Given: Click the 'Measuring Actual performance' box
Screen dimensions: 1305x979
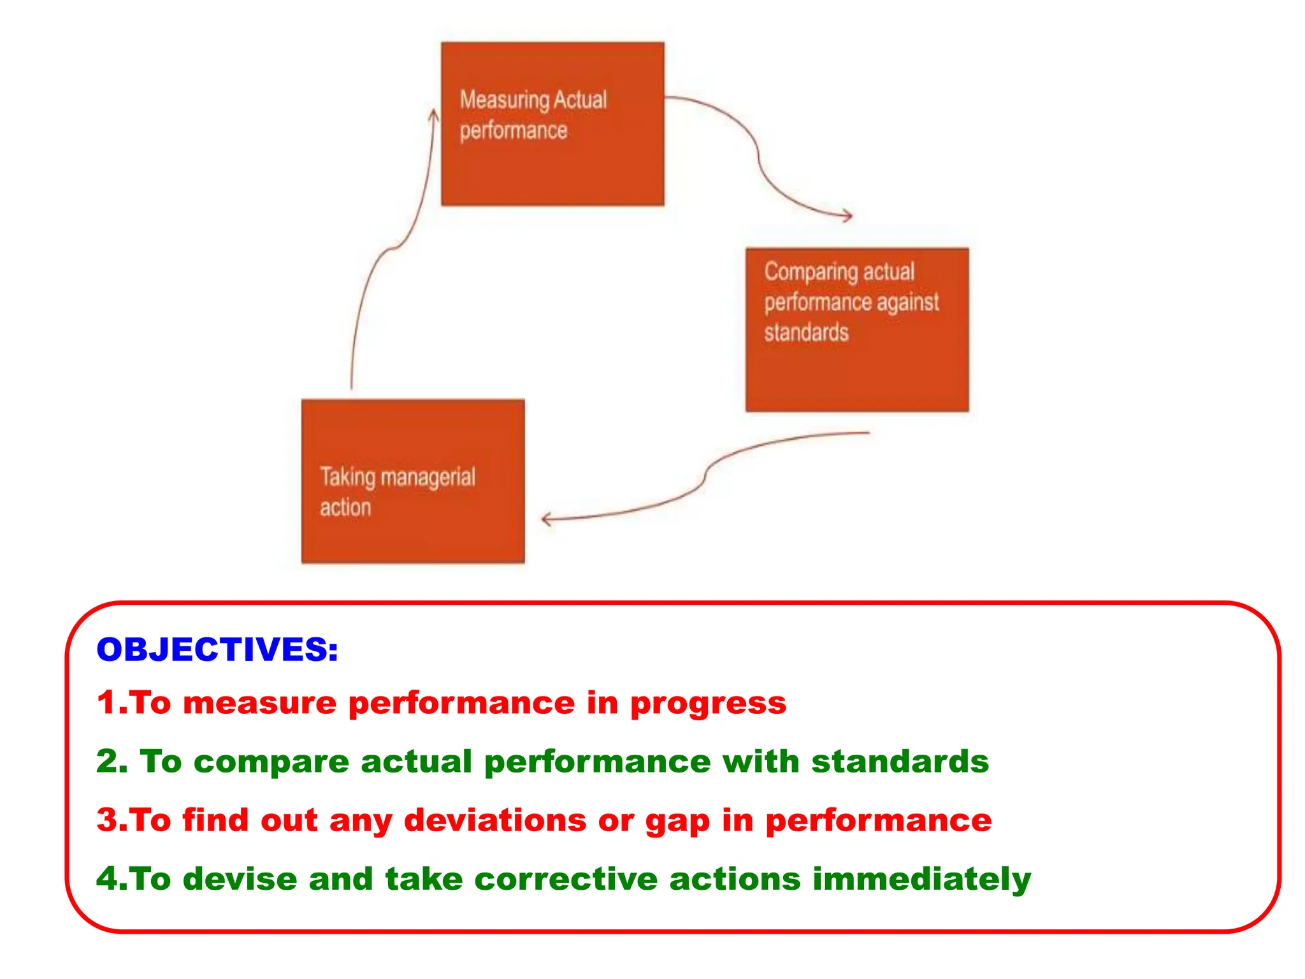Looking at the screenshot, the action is point(552,124).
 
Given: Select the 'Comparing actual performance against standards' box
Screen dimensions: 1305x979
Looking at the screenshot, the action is point(857,330).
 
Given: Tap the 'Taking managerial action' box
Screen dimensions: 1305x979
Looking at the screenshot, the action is point(413,481).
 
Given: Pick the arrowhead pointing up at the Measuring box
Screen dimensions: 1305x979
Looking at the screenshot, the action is point(434,116).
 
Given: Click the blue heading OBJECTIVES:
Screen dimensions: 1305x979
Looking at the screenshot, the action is point(217,649).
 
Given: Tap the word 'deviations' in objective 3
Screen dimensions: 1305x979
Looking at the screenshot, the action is point(495,820).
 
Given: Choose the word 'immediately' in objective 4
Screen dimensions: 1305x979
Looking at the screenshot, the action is point(921,880).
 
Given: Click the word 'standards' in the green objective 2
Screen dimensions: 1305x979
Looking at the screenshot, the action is point(900,762).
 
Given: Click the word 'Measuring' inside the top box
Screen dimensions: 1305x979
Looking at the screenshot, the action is point(504,101).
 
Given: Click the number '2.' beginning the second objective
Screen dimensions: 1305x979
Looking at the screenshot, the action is point(112,762).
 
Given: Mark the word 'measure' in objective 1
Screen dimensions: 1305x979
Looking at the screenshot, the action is point(259,703).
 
